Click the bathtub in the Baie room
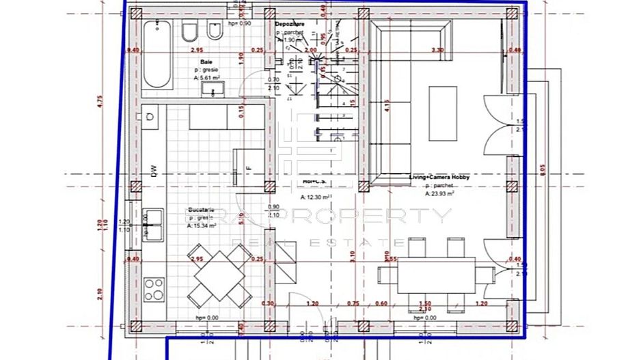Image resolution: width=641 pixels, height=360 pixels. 156,55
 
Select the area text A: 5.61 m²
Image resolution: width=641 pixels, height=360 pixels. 207,78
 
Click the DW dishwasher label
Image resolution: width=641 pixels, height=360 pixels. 155,173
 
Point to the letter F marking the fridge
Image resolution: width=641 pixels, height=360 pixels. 249,167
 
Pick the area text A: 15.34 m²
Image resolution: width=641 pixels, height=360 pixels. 204,225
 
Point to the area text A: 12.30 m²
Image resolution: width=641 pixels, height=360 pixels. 316,197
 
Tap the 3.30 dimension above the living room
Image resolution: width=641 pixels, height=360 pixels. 438,50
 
